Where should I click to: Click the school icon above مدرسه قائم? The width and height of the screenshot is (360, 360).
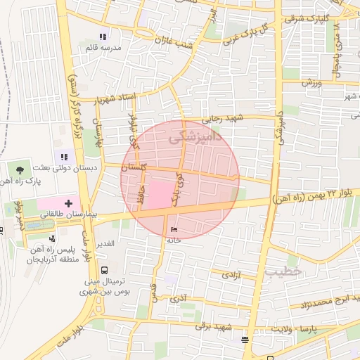point(103,37)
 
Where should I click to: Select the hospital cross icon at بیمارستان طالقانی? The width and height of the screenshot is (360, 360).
point(67,202)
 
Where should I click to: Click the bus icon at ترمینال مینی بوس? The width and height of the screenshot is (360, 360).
point(105,270)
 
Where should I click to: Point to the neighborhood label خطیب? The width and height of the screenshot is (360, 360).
point(283,270)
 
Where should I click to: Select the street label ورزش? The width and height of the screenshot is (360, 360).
point(312,83)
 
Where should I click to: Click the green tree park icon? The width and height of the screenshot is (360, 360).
point(20,169)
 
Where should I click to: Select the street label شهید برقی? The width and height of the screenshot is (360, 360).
point(214,326)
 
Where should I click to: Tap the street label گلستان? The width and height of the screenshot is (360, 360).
point(134,168)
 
